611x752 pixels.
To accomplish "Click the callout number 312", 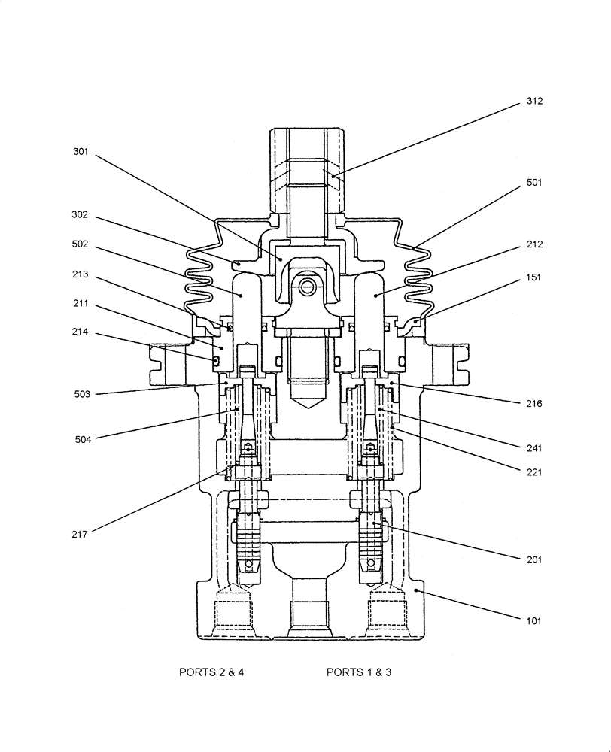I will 534,101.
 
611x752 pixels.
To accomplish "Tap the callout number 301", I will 81,151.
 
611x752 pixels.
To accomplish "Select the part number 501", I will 534,183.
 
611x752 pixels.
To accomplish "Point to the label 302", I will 81,214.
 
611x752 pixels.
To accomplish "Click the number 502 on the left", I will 81,244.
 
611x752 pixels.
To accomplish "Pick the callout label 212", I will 534,244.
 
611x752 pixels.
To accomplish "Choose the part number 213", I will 81,274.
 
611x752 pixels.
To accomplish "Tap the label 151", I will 534,277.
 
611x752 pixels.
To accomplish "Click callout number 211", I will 81,304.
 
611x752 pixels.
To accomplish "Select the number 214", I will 81,331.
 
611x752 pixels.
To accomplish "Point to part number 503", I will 81,394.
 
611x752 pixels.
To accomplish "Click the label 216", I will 534,404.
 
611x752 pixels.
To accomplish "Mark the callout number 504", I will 81,439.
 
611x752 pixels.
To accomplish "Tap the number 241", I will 534,448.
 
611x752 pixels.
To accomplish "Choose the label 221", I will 534,473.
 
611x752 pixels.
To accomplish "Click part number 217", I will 81,534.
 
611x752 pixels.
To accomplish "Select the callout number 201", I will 534,559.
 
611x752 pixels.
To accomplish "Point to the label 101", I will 534,621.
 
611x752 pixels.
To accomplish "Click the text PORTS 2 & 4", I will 211,672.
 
